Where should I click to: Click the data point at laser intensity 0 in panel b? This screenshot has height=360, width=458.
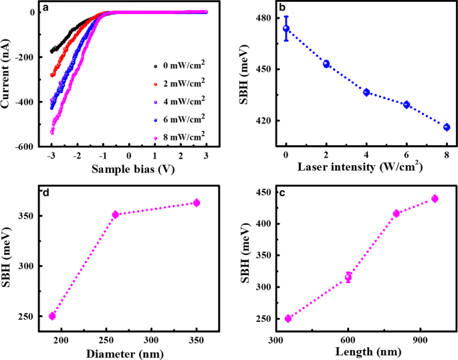pos(286,28)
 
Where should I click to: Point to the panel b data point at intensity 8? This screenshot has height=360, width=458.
pos(447,127)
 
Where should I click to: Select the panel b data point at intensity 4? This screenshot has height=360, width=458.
pos(366,92)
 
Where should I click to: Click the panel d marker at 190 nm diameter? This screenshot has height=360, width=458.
pos(52,316)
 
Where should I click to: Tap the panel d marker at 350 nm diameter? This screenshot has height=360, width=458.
pos(197,203)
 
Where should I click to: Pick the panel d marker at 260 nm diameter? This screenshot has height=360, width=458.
pos(115,215)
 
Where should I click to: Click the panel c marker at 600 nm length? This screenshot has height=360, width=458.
pos(348,277)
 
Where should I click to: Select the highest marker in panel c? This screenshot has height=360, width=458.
pos(435,199)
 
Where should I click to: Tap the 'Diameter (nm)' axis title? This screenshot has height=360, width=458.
pos(124,352)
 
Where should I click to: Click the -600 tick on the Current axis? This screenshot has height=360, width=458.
pos(25,147)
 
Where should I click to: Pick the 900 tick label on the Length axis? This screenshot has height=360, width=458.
pos(420,340)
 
